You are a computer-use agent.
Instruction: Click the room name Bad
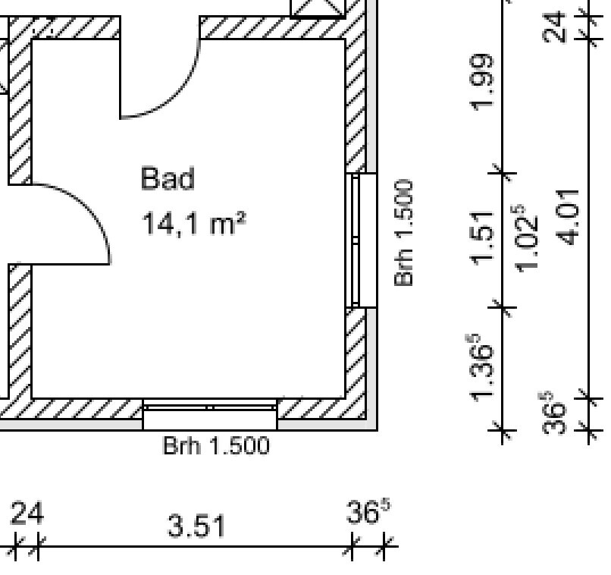168,178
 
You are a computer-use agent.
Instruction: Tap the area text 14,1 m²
193,223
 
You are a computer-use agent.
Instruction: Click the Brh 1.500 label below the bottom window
216,445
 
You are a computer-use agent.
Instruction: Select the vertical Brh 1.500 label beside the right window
404,233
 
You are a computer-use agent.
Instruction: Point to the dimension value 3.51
196,526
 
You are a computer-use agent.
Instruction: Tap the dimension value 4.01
568,218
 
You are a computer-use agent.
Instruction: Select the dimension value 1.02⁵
526,238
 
